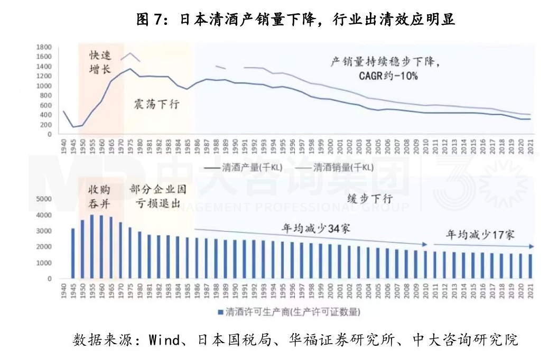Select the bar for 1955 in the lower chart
point(92,246)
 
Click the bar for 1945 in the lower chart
point(73,253)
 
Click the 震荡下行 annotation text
point(156,104)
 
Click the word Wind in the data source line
point(163,339)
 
